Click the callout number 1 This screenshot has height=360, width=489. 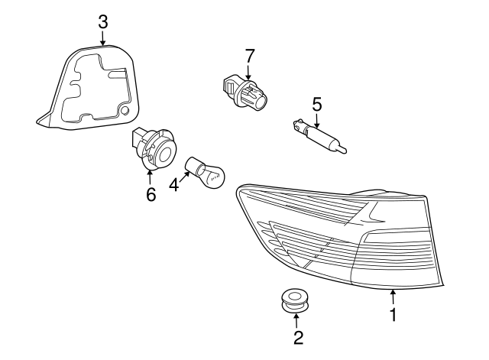(x=393, y=314)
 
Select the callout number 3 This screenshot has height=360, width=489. (x=103, y=21)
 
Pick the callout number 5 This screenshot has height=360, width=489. (x=316, y=103)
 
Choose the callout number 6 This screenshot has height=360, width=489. (x=151, y=195)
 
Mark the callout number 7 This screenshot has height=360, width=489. (x=249, y=56)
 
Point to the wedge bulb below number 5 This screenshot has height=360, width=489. (x=320, y=135)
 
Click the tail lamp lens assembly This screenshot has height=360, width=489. (x=344, y=237)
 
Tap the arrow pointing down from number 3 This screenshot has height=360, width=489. (x=103, y=38)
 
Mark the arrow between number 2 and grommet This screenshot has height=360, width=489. (x=296, y=319)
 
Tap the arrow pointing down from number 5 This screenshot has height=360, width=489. (x=316, y=118)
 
